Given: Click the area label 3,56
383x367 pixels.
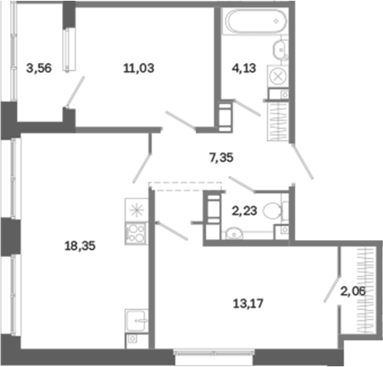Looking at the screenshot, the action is [39, 68].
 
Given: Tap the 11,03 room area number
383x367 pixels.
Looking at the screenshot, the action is [139, 68].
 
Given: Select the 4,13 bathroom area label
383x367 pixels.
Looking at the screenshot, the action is [244, 68].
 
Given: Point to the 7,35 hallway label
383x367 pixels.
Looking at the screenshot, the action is [221, 158].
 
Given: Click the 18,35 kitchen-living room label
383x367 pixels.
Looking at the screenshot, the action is [80, 246].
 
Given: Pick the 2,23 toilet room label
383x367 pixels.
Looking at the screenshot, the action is [244, 211].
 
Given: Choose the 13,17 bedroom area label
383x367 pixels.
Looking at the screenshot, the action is [248, 303].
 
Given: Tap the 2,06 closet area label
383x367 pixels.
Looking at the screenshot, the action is [353, 292].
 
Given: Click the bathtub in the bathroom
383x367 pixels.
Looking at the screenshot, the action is [256, 21].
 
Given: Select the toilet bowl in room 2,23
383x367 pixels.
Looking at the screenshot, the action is [273, 211].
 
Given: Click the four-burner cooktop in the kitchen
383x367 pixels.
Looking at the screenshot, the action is [137, 233].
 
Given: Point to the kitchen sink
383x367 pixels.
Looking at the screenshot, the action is [137, 320].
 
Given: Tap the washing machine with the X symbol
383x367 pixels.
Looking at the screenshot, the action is [278, 76].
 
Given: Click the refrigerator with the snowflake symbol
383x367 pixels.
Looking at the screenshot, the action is [137, 210].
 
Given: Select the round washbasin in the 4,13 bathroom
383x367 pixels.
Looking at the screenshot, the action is [280, 49].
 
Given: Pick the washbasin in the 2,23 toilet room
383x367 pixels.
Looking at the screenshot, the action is [235, 234].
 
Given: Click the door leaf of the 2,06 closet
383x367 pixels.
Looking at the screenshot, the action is [332, 289].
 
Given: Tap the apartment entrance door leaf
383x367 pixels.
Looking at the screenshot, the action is [302, 162].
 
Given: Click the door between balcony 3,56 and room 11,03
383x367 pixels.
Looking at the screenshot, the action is [75, 92].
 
